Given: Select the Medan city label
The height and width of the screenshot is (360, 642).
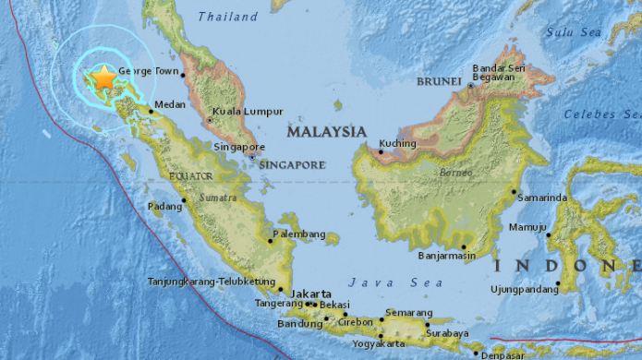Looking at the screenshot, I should pyautogui.click(x=171, y=105).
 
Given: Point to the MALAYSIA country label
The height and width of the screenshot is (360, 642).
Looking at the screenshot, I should pyautogui.click(x=326, y=133).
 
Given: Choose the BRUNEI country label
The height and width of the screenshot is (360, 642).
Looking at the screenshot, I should pyautogui.click(x=439, y=82).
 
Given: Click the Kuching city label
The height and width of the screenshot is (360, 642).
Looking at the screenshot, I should pyautogui.click(x=398, y=143).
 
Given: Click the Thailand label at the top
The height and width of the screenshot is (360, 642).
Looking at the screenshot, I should pyautogui.click(x=228, y=17).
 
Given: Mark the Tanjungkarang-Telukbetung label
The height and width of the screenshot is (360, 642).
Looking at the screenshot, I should pyautogui.click(x=212, y=281).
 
